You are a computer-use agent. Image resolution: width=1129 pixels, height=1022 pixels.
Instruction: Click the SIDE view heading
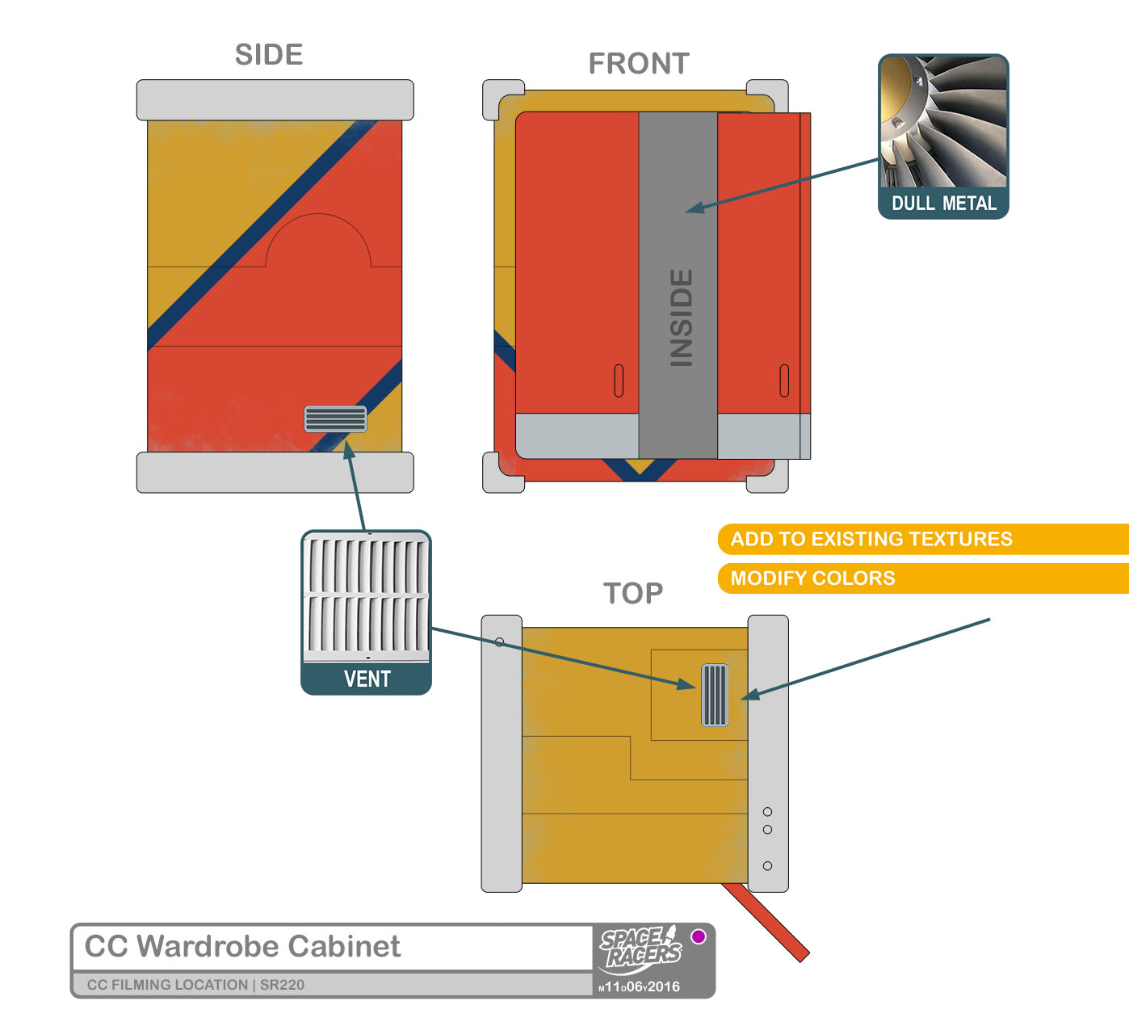click(269, 55)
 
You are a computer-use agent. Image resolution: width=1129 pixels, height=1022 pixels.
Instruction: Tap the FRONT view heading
click(639, 64)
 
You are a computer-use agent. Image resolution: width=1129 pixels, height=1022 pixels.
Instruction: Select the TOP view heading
click(633, 594)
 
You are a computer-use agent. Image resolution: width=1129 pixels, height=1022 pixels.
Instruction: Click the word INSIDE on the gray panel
click(682, 318)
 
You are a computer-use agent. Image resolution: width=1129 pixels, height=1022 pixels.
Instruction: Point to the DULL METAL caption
click(943, 204)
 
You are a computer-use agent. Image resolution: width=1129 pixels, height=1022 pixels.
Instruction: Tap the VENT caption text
click(367, 679)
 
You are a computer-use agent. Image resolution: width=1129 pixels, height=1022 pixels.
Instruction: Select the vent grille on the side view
click(335, 418)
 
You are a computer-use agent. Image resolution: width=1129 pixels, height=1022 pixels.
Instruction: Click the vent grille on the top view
click(715, 695)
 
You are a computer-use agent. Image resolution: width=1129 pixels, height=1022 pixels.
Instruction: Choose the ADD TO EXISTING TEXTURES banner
click(871, 539)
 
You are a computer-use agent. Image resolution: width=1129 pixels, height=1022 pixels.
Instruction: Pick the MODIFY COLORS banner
click(812, 578)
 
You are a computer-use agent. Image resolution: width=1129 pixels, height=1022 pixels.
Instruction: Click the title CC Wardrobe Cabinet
click(242, 946)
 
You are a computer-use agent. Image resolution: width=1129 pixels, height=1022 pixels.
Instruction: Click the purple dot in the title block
click(699, 936)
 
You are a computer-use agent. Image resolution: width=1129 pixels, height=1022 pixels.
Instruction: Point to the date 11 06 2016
click(640, 986)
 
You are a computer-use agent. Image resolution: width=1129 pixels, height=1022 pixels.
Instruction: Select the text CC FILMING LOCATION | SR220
click(195, 985)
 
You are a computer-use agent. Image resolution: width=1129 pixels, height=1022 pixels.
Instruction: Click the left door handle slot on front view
click(619, 381)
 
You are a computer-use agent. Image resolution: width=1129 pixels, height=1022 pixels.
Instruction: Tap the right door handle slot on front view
click(783, 381)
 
